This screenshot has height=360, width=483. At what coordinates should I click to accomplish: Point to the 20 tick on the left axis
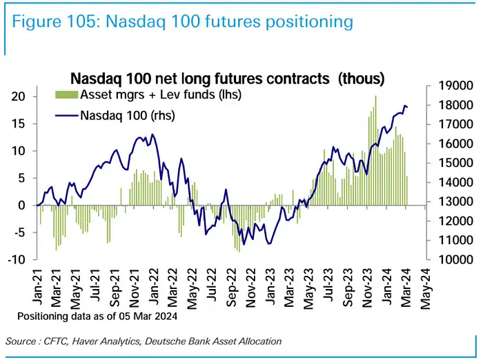(18, 96)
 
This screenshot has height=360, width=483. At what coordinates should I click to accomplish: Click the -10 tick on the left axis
(16, 259)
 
